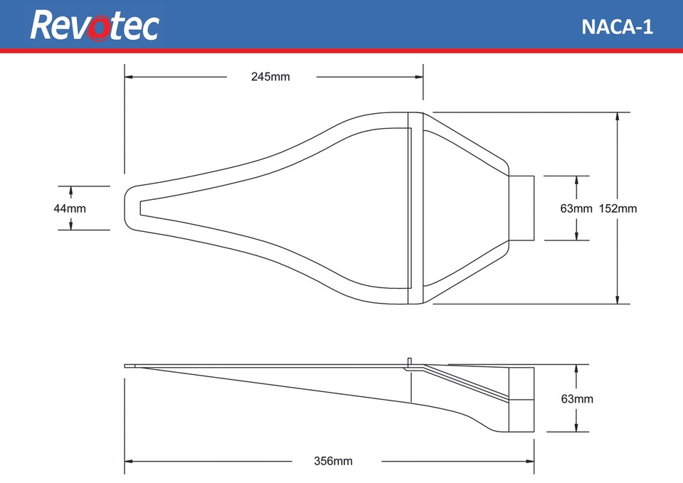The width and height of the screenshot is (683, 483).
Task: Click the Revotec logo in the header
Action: [95, 25]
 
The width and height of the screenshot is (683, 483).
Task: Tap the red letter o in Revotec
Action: [104, 28]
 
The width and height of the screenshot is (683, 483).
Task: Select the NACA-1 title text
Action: [617, 26]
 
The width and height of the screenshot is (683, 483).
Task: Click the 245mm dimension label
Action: [270, 77]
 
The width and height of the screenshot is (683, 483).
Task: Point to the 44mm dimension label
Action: [70, 208]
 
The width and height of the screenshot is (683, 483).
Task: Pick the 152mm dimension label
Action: [618, 208]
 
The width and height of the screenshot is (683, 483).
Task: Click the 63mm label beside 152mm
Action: [576, 208]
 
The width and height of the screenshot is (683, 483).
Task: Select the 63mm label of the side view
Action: [576, 399]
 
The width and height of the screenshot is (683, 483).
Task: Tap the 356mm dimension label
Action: [333, 461]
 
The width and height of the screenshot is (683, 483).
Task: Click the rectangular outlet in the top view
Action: [521, 208]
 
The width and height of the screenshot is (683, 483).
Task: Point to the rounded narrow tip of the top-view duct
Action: [130, 208]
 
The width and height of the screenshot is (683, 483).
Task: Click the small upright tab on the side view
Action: [411, 361]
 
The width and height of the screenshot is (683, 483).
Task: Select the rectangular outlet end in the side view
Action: [521, 399]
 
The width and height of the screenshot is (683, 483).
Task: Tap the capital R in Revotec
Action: [43, 26]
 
